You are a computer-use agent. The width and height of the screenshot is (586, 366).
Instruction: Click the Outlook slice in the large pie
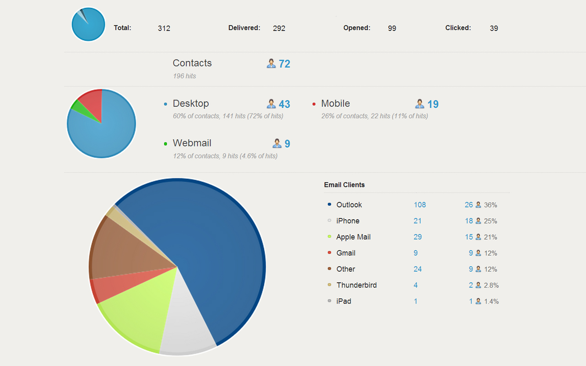pyautogui.click(x=220, y=256)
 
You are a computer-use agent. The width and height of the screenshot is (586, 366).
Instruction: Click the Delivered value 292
pyautogui.click(x=279, y=28)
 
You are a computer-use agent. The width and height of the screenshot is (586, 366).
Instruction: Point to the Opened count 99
pyautogui.click(x=392, y=28)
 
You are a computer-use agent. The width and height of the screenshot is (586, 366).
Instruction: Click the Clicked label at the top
pyautogui.click(x=458, y=28)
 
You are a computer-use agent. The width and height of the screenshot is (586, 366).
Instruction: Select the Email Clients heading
pyautogui.click(x=344, y=185)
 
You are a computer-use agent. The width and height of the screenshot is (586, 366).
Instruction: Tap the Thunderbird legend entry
pyautogui.click(x=356, y=285)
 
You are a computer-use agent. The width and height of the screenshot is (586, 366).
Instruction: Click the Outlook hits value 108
pyautogui.click(x=420, y=205)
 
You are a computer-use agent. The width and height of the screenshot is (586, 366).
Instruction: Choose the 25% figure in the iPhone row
pyautogui.click(x=490, y=221)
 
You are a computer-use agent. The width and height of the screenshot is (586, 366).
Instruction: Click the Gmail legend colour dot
pyautogui.click(x=330, y=253)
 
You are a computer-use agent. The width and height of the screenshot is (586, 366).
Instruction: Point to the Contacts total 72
pyautogui.click(x=284, y=64)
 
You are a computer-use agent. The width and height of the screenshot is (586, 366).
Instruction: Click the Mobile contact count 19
pyautogui.click(x=433, y=104)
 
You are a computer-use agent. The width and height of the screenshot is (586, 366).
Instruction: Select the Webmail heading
pyautogui.click(x=192, y=143)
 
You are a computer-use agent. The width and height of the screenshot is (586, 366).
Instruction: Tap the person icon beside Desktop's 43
pyautogui.click(x=271, y=104)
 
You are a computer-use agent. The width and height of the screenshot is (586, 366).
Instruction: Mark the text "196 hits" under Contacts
pyautogui.click(x=184, y=76)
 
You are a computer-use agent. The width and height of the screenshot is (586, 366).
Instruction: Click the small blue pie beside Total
pyautogui.click(x=89, y=25)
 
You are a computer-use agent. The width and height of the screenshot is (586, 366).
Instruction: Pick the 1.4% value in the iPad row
pyautogui.click(x=491, y=301)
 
